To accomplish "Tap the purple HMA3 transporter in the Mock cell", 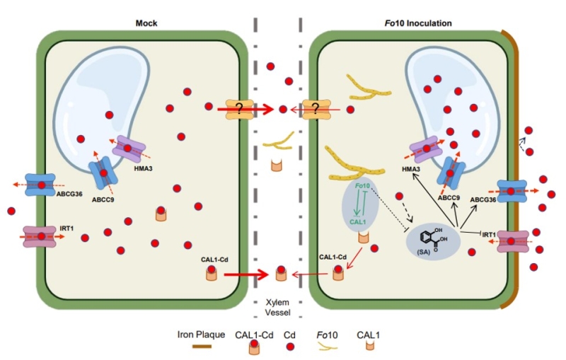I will click(x=128, y=149).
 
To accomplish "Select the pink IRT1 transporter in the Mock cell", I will click(x=42, y=237).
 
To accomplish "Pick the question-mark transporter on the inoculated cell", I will click(x=316, y=109).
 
